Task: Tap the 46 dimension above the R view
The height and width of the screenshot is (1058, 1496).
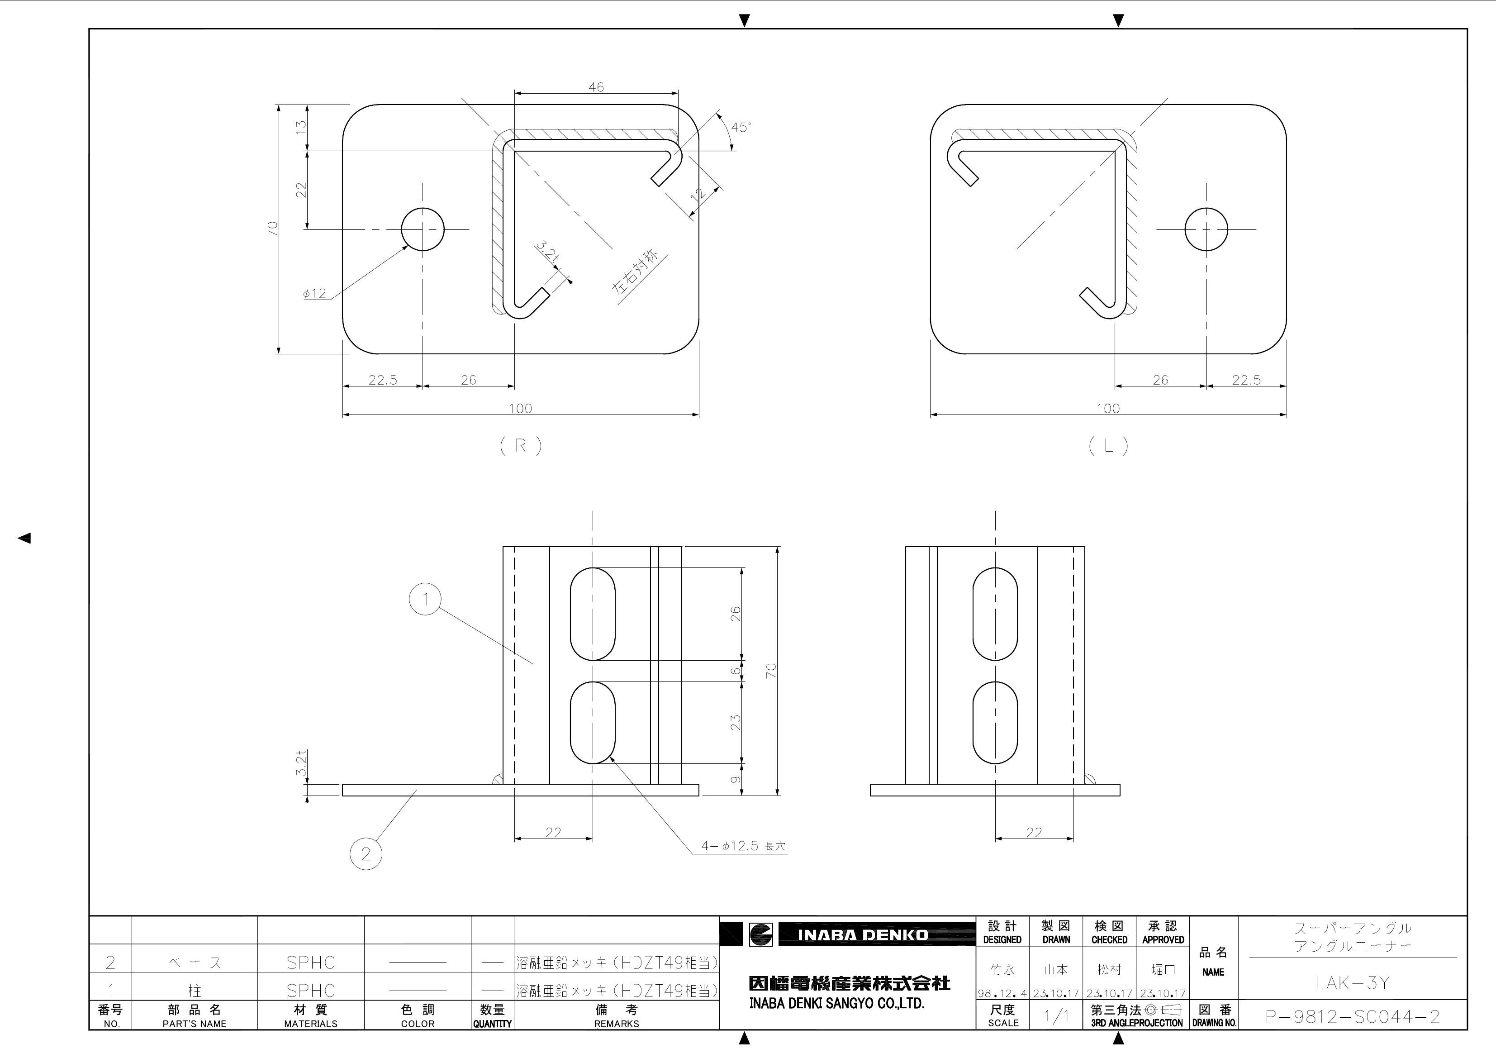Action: [596, 87]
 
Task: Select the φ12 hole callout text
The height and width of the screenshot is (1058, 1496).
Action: [315, 294]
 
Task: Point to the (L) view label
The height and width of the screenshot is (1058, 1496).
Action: [1108, 446]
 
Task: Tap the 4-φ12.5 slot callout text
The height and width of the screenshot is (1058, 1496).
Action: [743, 846]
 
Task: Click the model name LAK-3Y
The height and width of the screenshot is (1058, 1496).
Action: [1352, 983]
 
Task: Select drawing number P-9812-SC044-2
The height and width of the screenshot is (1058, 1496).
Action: [1352, 1017]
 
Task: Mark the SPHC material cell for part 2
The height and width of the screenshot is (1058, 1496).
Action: [311, 962]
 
